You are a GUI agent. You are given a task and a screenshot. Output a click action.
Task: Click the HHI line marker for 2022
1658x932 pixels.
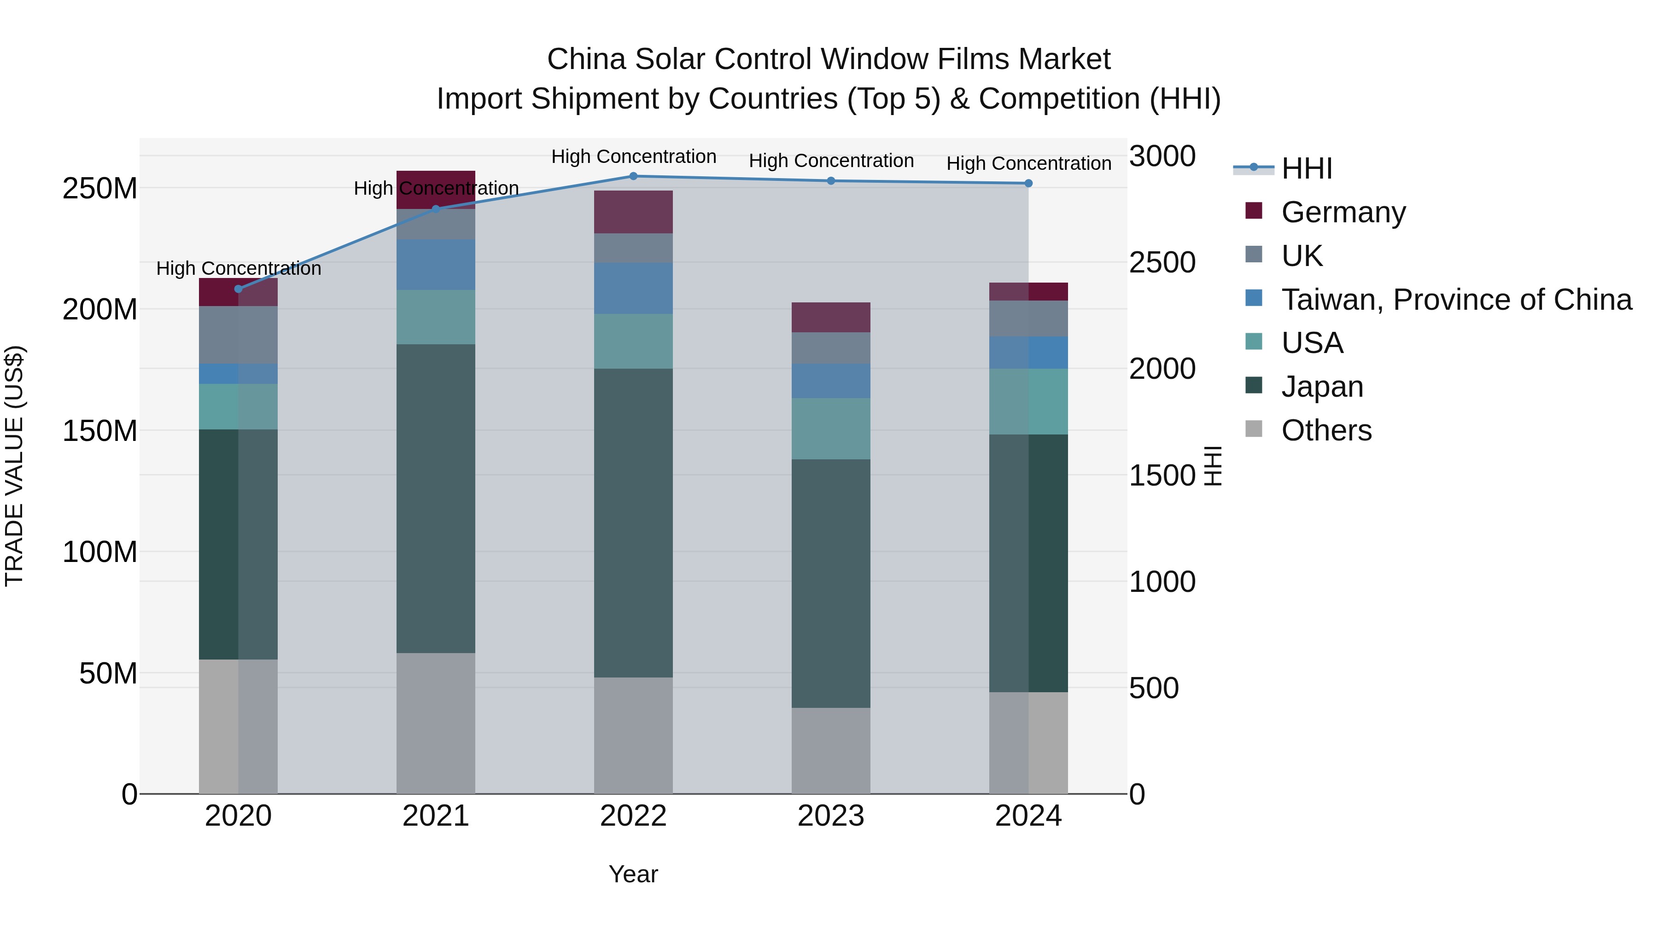633,176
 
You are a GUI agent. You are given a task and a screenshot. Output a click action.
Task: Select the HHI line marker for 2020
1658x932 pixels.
238,289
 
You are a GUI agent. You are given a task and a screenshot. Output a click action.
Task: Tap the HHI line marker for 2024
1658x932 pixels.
1028,183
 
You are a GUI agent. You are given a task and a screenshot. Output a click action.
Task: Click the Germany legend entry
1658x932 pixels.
1343,212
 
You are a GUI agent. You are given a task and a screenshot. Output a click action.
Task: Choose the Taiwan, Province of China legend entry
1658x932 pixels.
1456,300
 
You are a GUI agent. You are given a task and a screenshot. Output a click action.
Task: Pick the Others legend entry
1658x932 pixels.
1326,430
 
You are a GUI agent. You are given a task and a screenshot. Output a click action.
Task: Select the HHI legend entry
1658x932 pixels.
1306,168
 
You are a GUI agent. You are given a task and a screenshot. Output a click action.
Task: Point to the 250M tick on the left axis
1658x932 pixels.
100,188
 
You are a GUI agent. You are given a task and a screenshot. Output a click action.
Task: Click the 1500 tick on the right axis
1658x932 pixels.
1162,475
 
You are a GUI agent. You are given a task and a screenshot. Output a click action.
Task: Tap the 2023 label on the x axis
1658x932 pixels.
830,816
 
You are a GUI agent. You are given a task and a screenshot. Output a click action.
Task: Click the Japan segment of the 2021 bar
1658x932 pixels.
436,498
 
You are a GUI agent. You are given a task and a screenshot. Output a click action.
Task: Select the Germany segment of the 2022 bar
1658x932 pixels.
633,212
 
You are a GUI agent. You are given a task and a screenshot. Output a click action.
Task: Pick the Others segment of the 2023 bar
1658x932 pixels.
830,751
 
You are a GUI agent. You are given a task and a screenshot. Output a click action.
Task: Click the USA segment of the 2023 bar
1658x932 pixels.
830,428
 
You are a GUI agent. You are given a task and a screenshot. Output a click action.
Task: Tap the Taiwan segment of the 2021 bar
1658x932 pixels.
436,264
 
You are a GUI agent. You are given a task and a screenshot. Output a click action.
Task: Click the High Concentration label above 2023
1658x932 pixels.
831,160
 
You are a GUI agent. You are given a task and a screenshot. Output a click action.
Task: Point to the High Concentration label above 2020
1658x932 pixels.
238,268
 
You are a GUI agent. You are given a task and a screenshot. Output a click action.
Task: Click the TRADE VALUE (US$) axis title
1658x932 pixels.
14,466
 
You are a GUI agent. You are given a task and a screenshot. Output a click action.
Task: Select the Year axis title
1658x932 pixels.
633,874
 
